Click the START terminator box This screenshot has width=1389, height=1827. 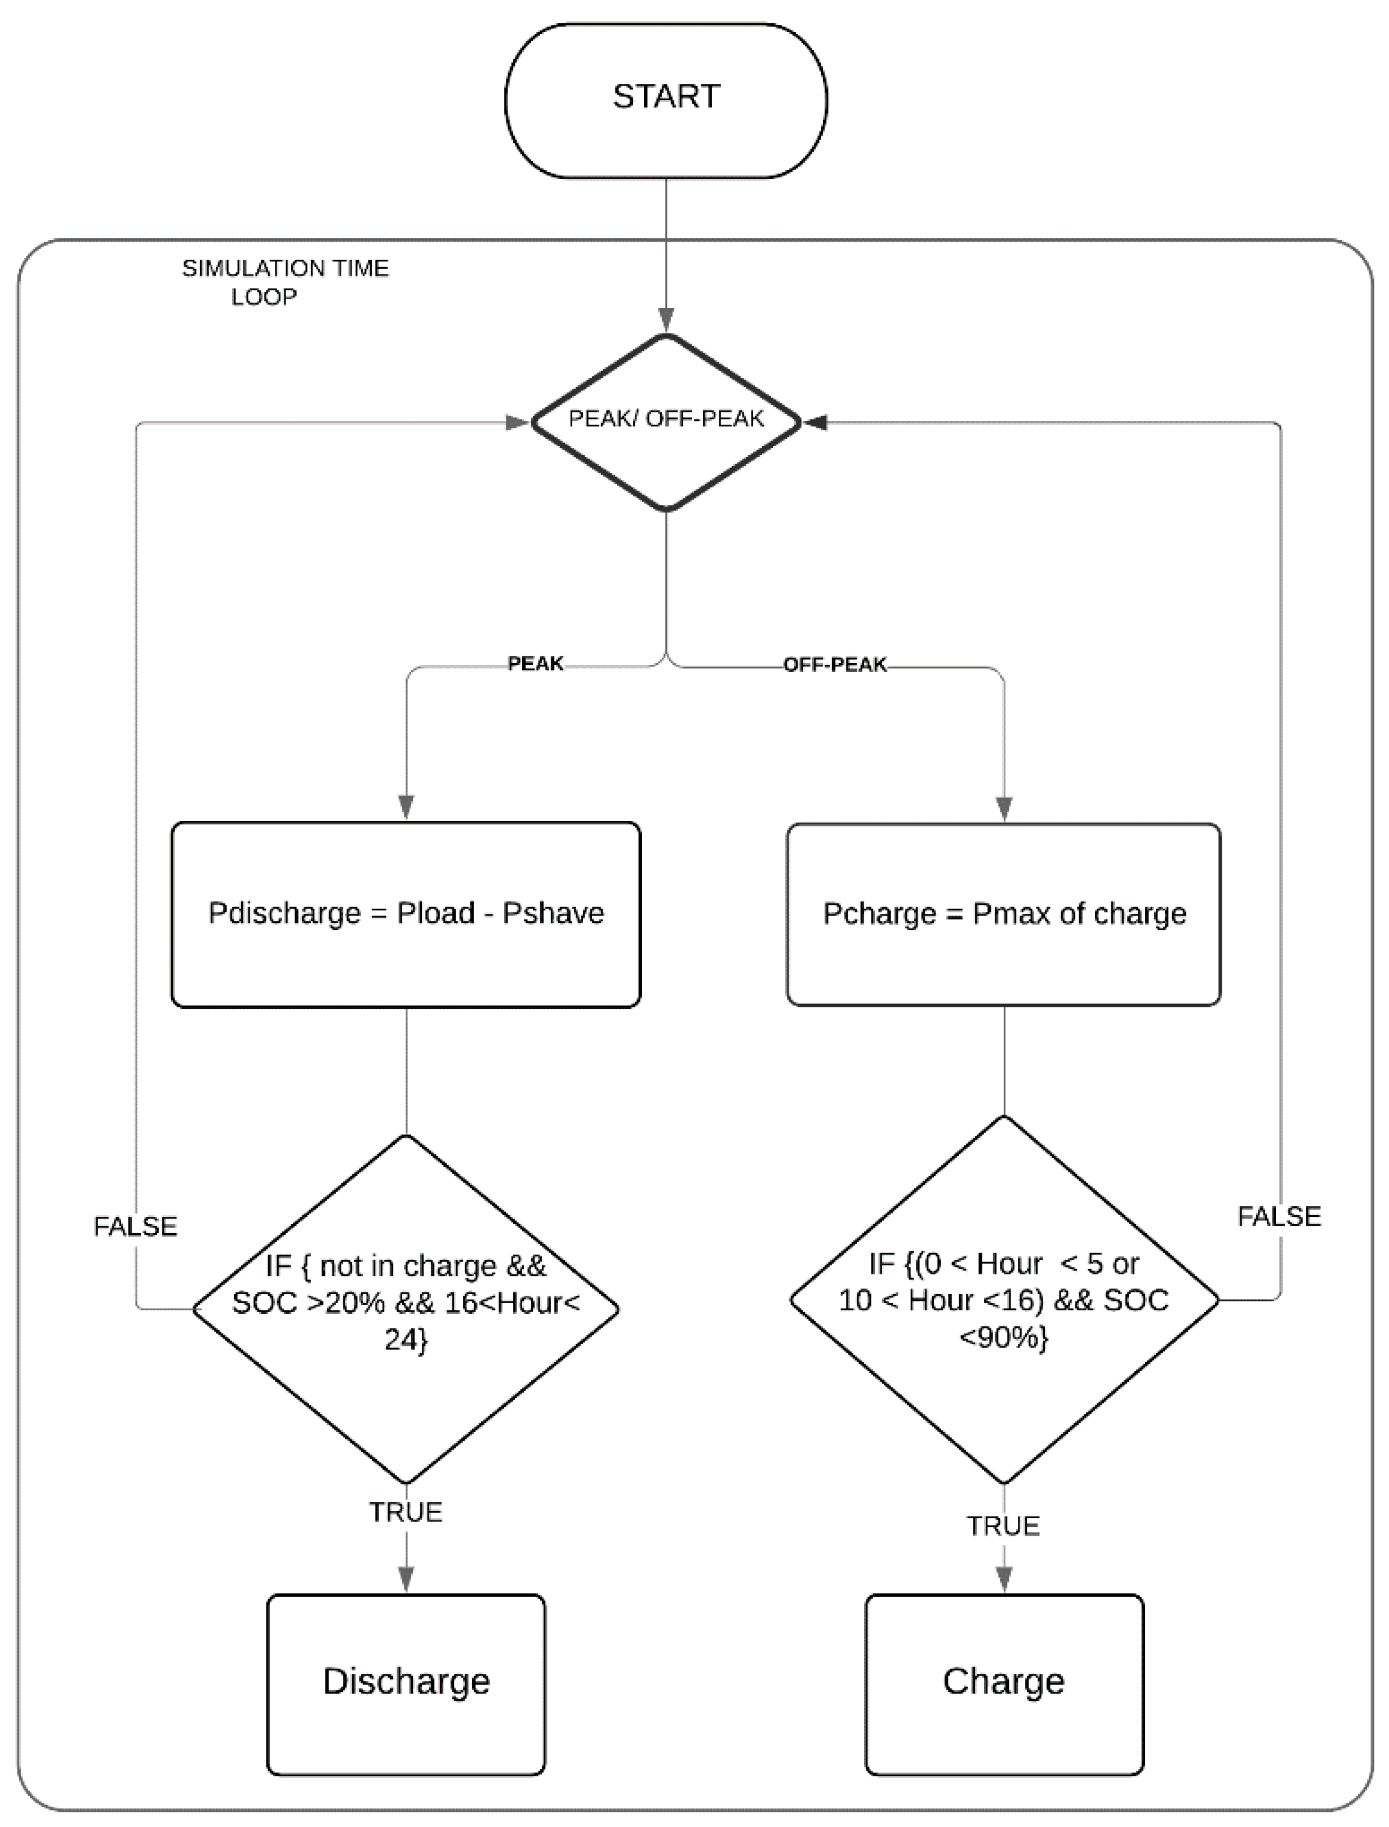point(666,100)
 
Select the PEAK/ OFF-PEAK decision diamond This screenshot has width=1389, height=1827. point(666,421)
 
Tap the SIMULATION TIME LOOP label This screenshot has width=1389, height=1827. point(284,282)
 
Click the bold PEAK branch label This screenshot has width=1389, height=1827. point(535,663)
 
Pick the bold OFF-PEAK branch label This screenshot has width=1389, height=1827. point(834,665)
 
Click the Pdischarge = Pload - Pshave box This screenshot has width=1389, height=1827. point(406,914)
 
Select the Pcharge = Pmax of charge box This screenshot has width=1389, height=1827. point(1004,914)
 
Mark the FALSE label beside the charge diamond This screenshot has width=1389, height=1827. point(1278,1216)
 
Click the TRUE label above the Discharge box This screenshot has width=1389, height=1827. point(406,1512)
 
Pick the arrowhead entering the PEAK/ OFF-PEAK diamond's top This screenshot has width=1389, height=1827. point(666,321)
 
